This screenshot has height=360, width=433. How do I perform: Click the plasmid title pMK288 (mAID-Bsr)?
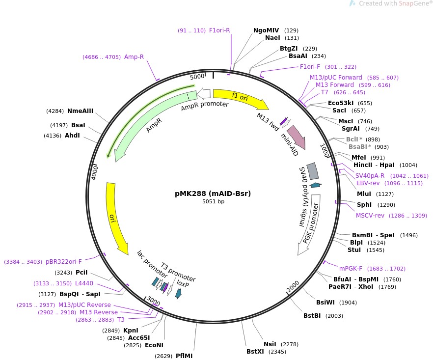tap(213, 194)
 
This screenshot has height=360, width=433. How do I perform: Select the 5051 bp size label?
tap(213, 201)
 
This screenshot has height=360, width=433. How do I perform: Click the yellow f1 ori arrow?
tap(241, 99)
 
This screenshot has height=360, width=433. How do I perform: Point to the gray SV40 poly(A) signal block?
tap(312, 171)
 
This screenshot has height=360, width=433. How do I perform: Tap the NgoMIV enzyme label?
tap(266, 30)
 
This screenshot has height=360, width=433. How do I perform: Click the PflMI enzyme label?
tap(184, 356)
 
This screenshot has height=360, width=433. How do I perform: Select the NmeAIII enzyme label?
tap(80, 111)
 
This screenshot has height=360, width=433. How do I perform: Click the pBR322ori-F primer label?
tap(64, 262)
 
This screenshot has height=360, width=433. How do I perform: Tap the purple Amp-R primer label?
tap(134, 57)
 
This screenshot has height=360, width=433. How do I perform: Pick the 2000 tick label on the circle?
tap(293, 287)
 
